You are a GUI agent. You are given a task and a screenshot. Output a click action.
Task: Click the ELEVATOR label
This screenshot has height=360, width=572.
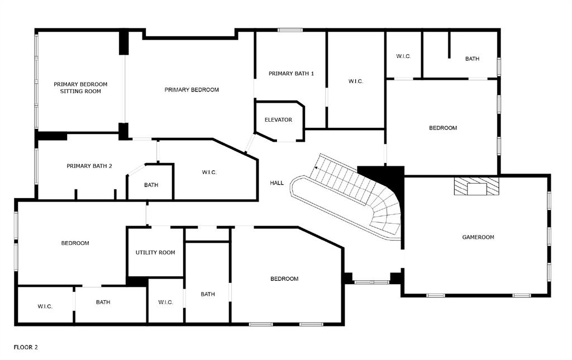click(278, 120)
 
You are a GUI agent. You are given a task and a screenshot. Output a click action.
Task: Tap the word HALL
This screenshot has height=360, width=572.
click(277, 183)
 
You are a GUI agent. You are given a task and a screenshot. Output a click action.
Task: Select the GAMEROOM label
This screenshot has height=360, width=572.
click(478, 237)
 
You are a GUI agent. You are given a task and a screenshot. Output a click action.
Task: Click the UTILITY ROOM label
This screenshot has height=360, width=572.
click(155, 252)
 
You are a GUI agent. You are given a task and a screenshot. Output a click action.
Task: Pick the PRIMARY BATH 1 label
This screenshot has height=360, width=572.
click(291, 74)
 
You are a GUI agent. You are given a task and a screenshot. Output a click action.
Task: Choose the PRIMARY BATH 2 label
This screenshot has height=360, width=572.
click(89, 166)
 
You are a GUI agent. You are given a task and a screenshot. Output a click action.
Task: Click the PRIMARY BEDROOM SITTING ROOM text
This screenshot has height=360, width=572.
click(80, 88)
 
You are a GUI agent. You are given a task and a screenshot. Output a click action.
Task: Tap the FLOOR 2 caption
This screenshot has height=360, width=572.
click(26, 347)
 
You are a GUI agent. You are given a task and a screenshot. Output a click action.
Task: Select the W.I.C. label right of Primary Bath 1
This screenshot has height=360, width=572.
click(356, 81)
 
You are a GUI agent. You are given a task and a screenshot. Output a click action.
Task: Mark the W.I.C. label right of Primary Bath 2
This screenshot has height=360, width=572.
click(209, 172)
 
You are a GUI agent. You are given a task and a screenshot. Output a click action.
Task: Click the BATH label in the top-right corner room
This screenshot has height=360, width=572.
click(472, 59)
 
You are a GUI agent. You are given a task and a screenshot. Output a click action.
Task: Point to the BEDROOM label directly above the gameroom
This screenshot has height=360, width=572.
click(443, 128)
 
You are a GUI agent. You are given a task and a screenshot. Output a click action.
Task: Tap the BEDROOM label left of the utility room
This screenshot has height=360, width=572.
click(75, 243)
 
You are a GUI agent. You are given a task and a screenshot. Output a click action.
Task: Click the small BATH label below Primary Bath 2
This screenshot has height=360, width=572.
click(151, 185)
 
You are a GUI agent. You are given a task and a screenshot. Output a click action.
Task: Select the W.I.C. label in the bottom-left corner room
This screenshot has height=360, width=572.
click(45, 306)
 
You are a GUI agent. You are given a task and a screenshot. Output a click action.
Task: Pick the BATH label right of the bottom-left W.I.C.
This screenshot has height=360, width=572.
click(103, 303)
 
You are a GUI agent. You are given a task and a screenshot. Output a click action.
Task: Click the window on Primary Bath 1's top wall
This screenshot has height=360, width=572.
click(290, 30)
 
